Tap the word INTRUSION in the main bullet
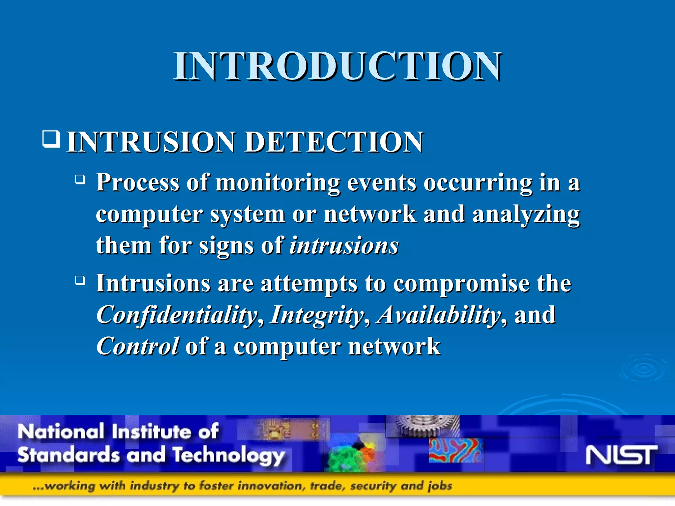click(x=150, y=142)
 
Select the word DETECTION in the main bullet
click(x=334, y=142)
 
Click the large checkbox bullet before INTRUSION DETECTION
click(x=51, y=139)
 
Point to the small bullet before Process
click(x=80, y=180)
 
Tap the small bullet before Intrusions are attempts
click(x=80, y=281)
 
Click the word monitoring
click(x=278, y=183)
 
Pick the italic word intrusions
click(x=344, y=246)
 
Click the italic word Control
click(x=138, y=347)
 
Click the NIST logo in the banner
click(x=621, y=455)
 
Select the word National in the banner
click(x=61, y=432)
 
